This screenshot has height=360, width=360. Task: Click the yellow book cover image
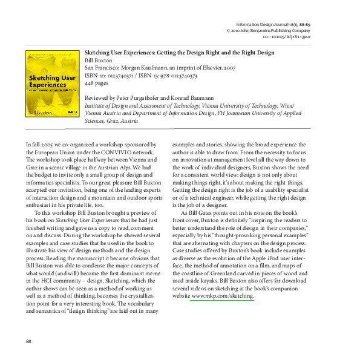tap(52, 83)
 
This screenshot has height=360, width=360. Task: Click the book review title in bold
tap(180, 53)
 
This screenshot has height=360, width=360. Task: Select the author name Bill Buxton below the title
tap(99, 61)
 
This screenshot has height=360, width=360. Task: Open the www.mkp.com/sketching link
tap(222, 296)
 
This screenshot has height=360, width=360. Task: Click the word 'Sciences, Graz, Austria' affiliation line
tap(112, 120)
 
